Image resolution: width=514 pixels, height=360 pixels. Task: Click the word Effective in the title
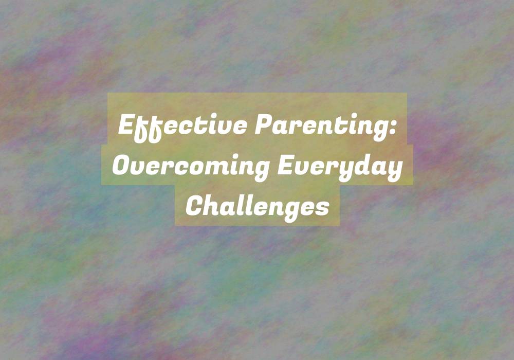182,127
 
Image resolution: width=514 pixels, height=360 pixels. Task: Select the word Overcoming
191,167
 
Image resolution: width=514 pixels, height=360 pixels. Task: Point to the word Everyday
340,167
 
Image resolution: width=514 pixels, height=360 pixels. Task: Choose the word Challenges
258,207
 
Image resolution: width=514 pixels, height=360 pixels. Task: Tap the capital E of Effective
126,124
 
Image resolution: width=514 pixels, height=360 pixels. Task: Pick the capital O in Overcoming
122,165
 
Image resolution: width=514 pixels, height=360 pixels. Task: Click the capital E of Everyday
285,165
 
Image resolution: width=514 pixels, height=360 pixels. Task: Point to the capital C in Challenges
195,206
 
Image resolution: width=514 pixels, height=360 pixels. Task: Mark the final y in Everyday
394,171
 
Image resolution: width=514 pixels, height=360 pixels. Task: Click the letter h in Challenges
213,206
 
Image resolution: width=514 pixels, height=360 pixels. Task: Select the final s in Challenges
322,209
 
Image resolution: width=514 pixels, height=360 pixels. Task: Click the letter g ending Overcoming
261,171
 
